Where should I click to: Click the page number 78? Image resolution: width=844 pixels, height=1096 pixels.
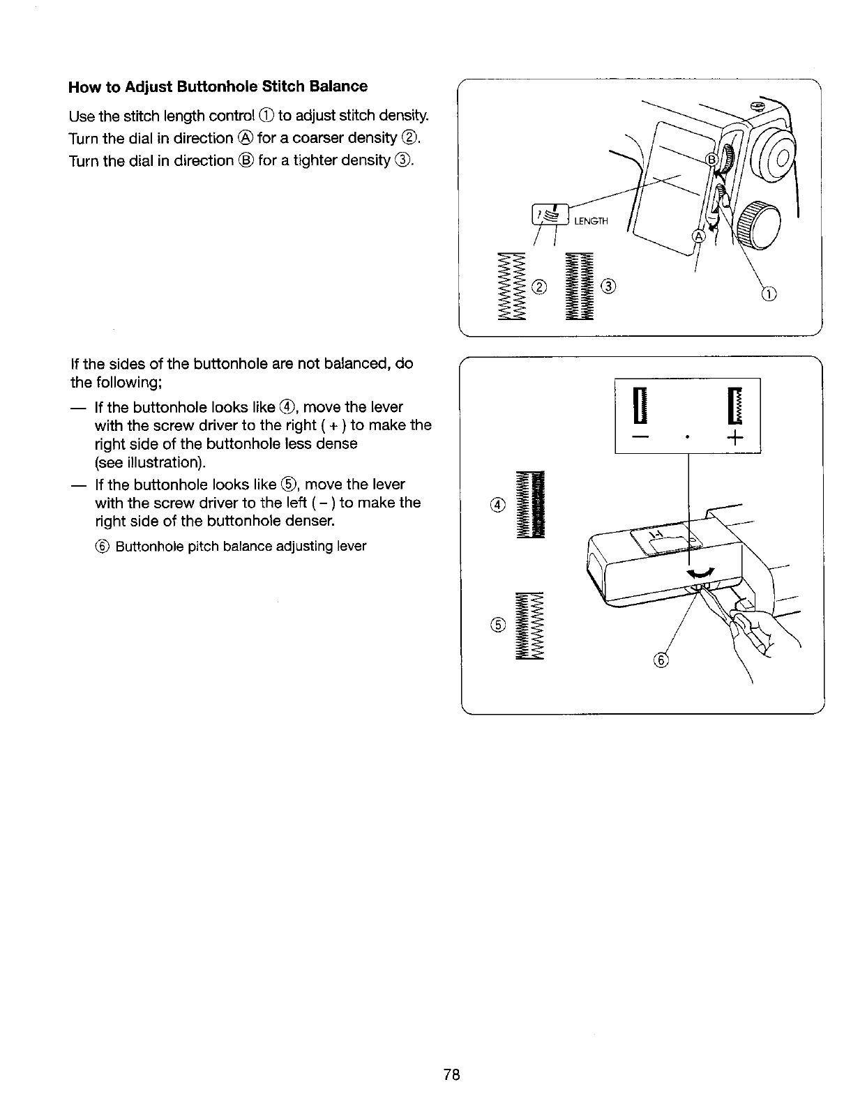pyautogui.click(x=451, y=1074)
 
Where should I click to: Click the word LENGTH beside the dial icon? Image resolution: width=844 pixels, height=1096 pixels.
pyautogui.click(x=591, y=222)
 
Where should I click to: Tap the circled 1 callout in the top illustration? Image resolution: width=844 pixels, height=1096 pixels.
pyautogui.click(x=769, y=294)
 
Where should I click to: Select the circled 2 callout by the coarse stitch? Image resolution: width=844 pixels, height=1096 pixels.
pyautogui.click(x=539, y=287)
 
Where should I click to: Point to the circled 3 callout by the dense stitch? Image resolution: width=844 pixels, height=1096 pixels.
pyautogui.click(x=609, y=287)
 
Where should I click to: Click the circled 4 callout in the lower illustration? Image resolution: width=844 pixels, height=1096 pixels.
pyautogui.click(x=496, y=505)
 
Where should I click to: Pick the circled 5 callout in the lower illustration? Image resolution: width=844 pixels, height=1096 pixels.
pyautogui.click(x=496, y=624)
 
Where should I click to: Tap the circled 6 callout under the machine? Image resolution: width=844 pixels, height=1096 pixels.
pyautogui.click(x=661, y=660)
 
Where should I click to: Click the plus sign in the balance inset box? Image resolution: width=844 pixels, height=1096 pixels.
pyautogui.click(x=735, y=437)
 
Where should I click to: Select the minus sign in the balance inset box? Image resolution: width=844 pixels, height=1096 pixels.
pyautogui.click(x=641, y=437)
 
